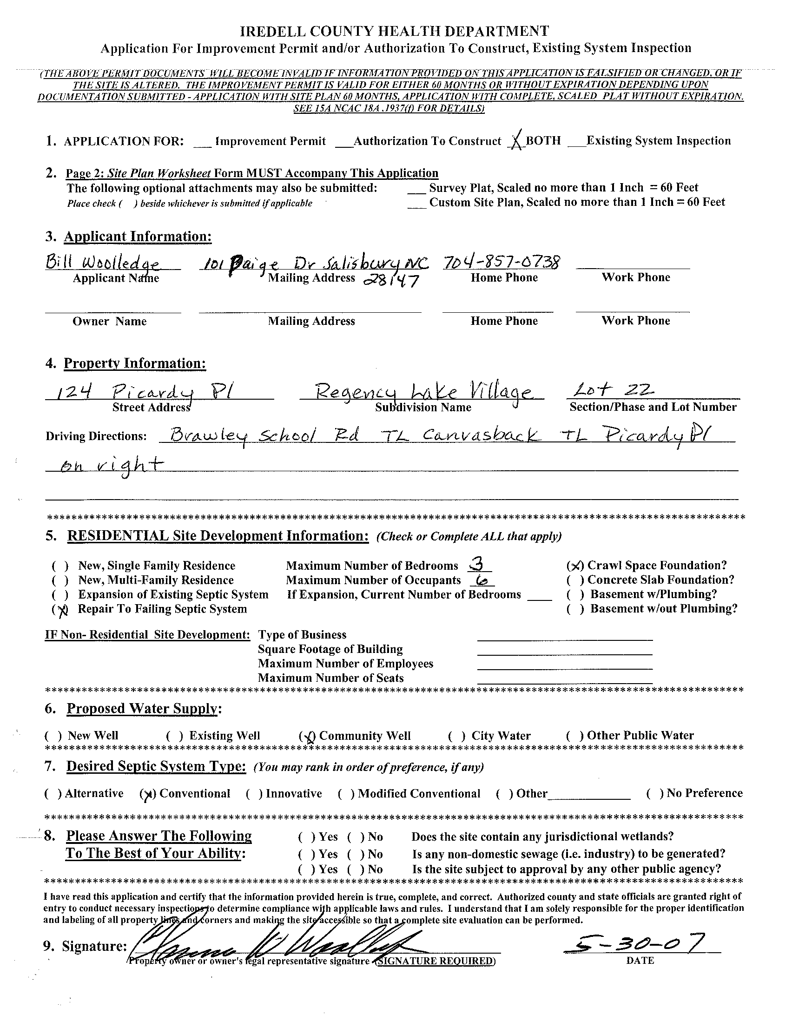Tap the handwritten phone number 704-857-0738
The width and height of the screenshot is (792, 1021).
click(x=501, y=263)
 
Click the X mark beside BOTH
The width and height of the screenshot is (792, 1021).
click(x=517, y=141)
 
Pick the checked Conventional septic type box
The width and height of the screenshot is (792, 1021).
click(x=148, y=794)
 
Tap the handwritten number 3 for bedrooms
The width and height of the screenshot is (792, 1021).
click(x=478, y=565)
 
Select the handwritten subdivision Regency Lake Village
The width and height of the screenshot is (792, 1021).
click(x=423, y=391)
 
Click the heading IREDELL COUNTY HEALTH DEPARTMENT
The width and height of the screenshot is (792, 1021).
click(x=395, y=31)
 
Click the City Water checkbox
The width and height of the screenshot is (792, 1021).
click(x=456, y=736)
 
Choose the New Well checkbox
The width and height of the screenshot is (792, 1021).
click(x=53, y=736)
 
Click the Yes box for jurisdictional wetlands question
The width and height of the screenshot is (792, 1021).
click(x=307, y=837)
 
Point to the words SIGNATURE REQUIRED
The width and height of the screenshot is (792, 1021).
click(x=436, y=961)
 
